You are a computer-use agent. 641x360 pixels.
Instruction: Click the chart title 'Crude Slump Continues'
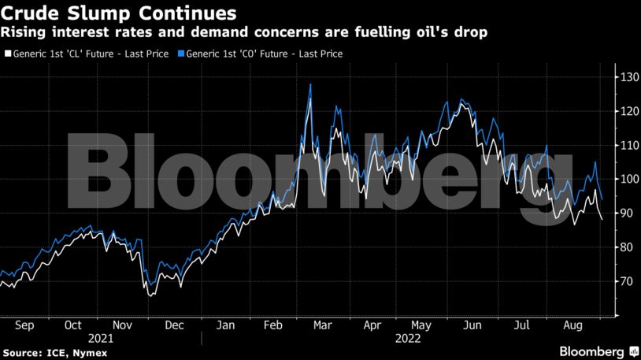tap(119, 13)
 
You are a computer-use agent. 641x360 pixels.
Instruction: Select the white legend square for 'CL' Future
tap(7, 54)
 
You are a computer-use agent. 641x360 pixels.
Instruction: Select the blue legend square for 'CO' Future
tap(181, 54)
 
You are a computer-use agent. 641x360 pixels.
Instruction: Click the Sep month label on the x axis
tap(25, 325)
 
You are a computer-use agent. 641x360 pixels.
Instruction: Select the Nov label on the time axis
tap(122, 325)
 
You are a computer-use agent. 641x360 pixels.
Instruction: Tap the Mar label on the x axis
tap(322, 325)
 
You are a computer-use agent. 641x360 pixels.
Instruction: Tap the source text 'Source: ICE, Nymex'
tap(49, 351)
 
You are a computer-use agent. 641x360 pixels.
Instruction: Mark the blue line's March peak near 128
tap(310, 84)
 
